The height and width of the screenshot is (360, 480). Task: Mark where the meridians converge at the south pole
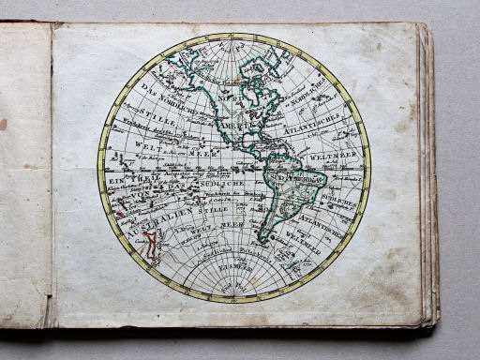(x=233, y=298)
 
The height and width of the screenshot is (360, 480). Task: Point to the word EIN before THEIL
(x=111, y=178)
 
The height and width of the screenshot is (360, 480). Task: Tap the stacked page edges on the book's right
(x=430, y=178)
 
